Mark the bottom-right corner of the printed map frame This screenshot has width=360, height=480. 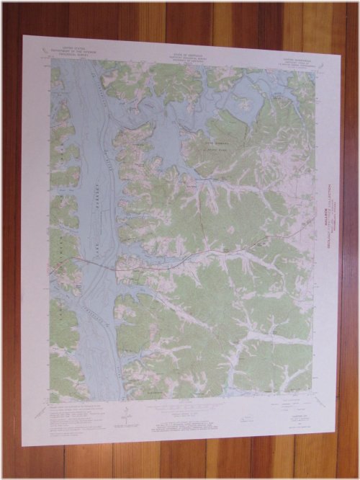click(315, 399)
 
